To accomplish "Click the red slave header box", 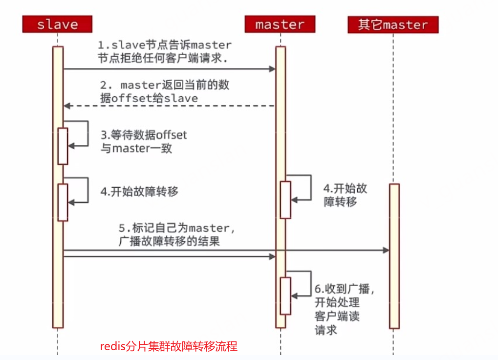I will pos(57,24).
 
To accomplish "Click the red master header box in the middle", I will pos(280,24).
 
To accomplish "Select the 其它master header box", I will pos(392,24).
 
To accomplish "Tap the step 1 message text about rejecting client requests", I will pos(164,52).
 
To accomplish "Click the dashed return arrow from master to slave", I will pos(169,106).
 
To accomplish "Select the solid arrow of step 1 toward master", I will pos(169,69).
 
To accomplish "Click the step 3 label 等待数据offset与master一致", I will pos(144,141).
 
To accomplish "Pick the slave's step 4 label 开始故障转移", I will pos(139,191).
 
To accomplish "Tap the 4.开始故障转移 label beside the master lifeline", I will pos(345,195).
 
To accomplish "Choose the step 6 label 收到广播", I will pos(345,309).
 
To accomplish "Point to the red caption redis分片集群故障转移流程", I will pos(169,347).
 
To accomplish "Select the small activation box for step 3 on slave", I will pos(63,146).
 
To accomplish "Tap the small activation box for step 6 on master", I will pos(285,295).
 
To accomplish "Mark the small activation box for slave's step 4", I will pos(63,202).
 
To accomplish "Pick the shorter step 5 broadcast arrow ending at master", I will pos(169,256).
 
